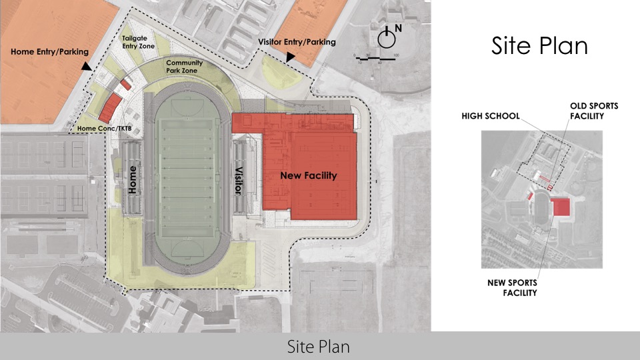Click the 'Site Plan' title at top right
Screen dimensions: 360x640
coord(539,46)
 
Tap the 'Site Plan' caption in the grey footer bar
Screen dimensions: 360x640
coord(319,347)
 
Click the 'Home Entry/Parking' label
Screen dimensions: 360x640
coord(49,51)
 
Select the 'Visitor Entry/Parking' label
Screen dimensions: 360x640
coord(297,43)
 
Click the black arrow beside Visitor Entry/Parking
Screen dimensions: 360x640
coord(289,58)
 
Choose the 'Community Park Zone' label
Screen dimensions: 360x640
coord(185,67)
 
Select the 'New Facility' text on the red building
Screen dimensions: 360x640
coord(308,175)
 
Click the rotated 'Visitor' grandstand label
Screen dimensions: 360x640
coord(237,179)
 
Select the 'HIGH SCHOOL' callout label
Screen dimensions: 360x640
coord(490,116)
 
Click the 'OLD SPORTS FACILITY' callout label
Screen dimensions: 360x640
coord(593,111)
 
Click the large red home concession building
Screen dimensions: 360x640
coord(111,107)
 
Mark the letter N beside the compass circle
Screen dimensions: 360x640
coord(398,28)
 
